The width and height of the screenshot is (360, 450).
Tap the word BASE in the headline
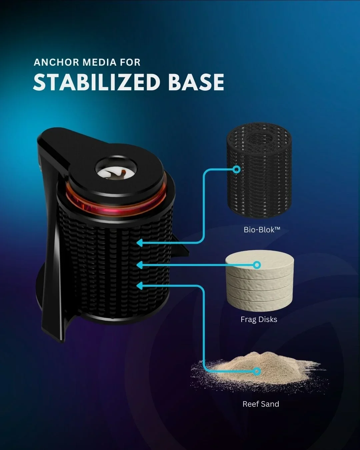[196, 82]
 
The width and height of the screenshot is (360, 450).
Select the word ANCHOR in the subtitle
[56, 62]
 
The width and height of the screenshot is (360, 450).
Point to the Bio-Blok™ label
[262, 230]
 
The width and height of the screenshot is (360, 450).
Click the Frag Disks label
[259, 319]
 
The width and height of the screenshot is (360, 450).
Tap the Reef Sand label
[261, 404]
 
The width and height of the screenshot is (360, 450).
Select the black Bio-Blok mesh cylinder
[259, 170]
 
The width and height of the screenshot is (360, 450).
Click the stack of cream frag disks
[259, 280]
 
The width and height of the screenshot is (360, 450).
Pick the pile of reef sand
[259, 371]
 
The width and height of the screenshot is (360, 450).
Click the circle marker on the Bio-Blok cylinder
[237, 169]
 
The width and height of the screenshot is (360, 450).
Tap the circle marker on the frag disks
[257, 265]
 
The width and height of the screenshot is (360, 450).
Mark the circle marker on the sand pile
[257, 371]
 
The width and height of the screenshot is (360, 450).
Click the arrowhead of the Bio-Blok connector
[140, 243]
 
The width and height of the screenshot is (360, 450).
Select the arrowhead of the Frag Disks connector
[140, 265]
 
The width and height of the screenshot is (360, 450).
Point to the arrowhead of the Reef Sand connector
[140, 285]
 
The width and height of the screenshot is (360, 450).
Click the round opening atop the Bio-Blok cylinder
[259, 138]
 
